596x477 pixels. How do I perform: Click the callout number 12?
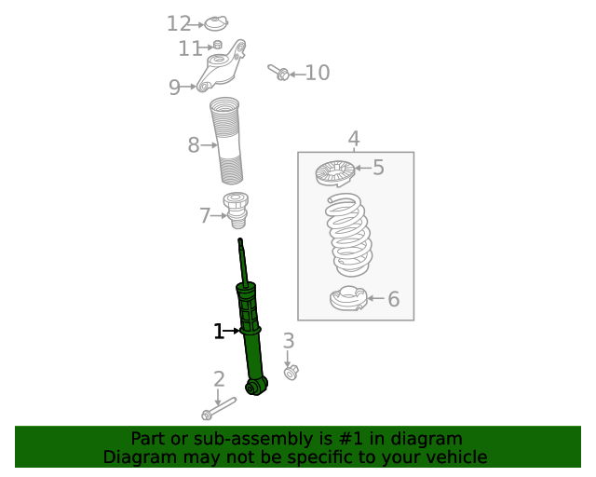click(179, 23)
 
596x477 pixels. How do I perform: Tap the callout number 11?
click(190, 48)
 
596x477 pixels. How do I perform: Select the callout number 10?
click(318, 73)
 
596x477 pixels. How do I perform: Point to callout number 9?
click(174, 88)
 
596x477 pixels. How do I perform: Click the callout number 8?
click(194, 145)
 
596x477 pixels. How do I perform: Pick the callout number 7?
click(205, 216)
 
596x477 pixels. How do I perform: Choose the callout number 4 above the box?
click(354, 140)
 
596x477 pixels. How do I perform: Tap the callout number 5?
click(378, 168)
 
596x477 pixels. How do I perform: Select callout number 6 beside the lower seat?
click(393, 299)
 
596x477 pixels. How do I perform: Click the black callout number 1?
click(219, 331)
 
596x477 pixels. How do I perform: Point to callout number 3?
click(289, 341)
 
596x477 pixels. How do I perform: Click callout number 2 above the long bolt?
click(219, 379)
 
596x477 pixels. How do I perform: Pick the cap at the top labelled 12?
click(217, 23)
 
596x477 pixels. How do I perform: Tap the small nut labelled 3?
click(291, 373)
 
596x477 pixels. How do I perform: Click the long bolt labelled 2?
click(219, 408)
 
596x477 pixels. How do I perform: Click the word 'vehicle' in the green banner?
click(454, 457)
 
